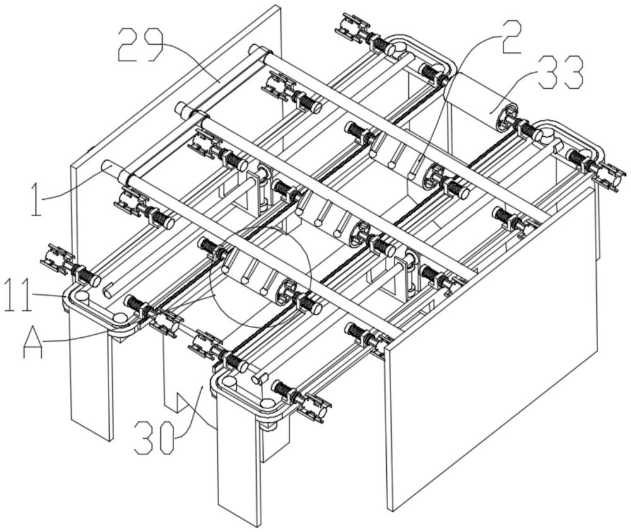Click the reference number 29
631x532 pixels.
(x=141, y=45)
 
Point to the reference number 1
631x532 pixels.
(x=36, y=199)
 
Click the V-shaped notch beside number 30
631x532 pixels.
(x=183, y=402)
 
